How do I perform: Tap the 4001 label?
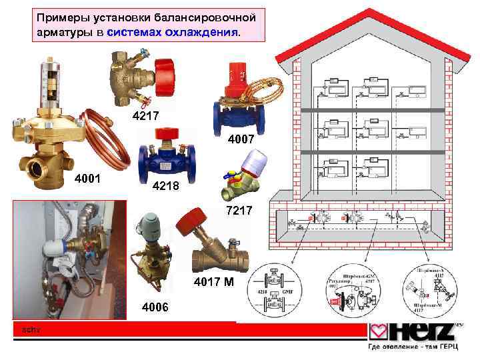pos(88,179)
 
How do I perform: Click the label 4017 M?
pos(214,282)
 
